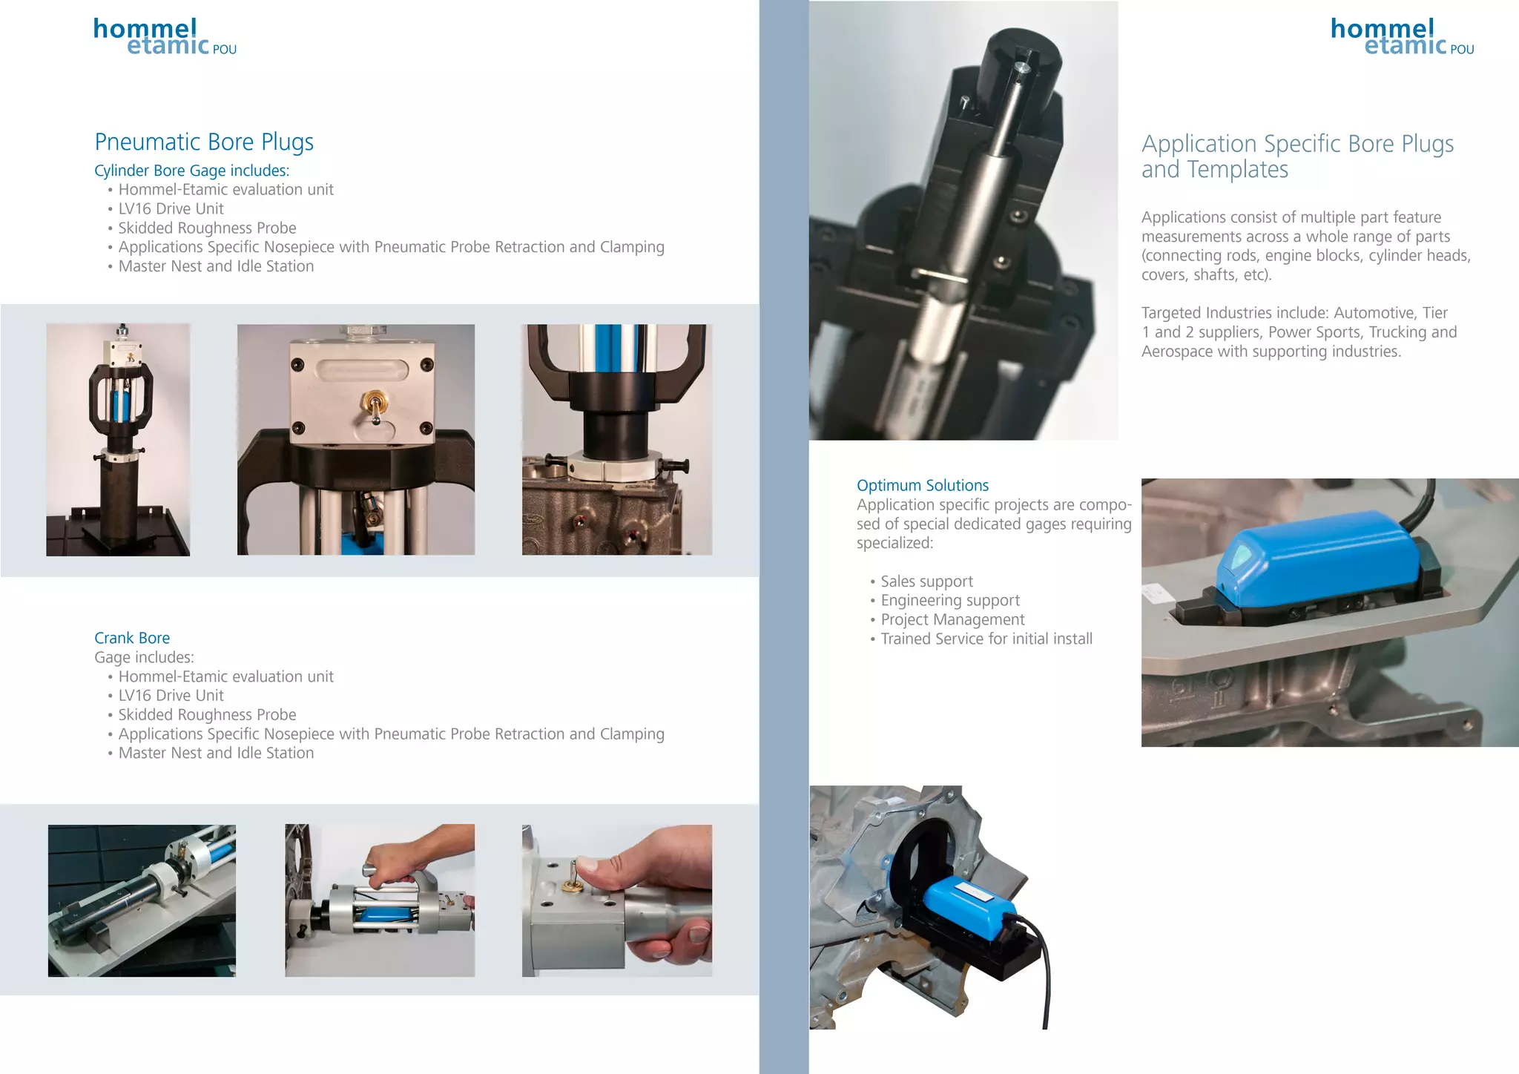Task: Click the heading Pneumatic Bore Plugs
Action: (204, 142)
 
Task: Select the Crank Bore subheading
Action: (132, 638)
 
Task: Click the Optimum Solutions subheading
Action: (922, 485)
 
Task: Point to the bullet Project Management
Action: (952, 619)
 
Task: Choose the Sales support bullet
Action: (926, 582)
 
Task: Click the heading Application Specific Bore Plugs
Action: (1297, 144)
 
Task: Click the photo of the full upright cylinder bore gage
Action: (118, 439)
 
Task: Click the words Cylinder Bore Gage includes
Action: (191, 171)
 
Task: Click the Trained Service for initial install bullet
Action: (986, 639)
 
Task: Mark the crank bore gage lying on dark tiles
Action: (141, 900)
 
